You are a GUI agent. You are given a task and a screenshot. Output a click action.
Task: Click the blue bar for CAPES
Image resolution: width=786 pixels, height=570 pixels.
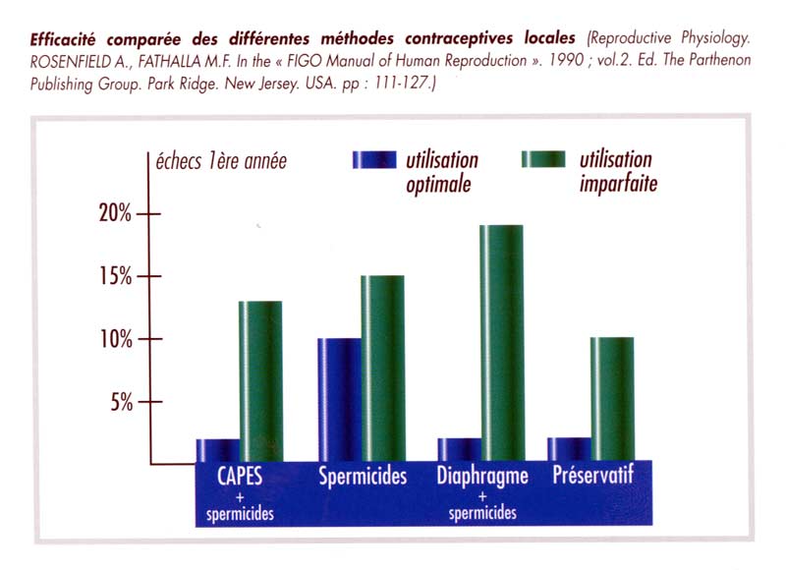tap(218, 450)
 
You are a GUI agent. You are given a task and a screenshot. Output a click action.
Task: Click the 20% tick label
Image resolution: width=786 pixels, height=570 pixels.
tap(115, 213)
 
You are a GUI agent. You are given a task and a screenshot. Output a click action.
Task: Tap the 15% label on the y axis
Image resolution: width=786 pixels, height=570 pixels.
tap(115, 276)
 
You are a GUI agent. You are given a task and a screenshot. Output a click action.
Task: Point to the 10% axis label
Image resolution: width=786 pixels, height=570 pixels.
tap(115, 339)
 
